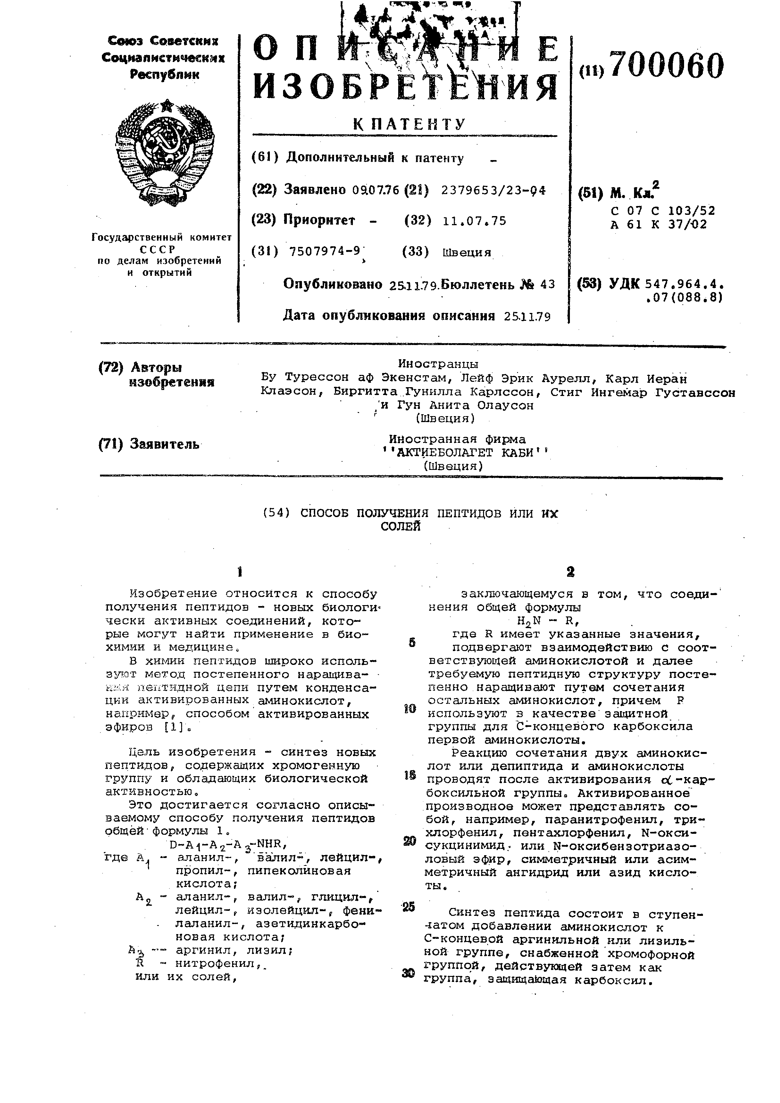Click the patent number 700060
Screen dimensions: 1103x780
[667, 66]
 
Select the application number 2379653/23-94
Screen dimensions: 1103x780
[493, 190]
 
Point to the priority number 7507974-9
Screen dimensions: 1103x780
[325, 251]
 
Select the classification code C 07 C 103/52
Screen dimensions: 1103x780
[663, 210]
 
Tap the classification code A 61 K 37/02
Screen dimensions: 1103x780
[659, 224]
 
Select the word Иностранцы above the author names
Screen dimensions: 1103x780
[438, 364]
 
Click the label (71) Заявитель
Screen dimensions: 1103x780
[149, 444]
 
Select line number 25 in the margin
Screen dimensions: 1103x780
[409, 906]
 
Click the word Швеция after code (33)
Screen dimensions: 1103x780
[466, 252]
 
